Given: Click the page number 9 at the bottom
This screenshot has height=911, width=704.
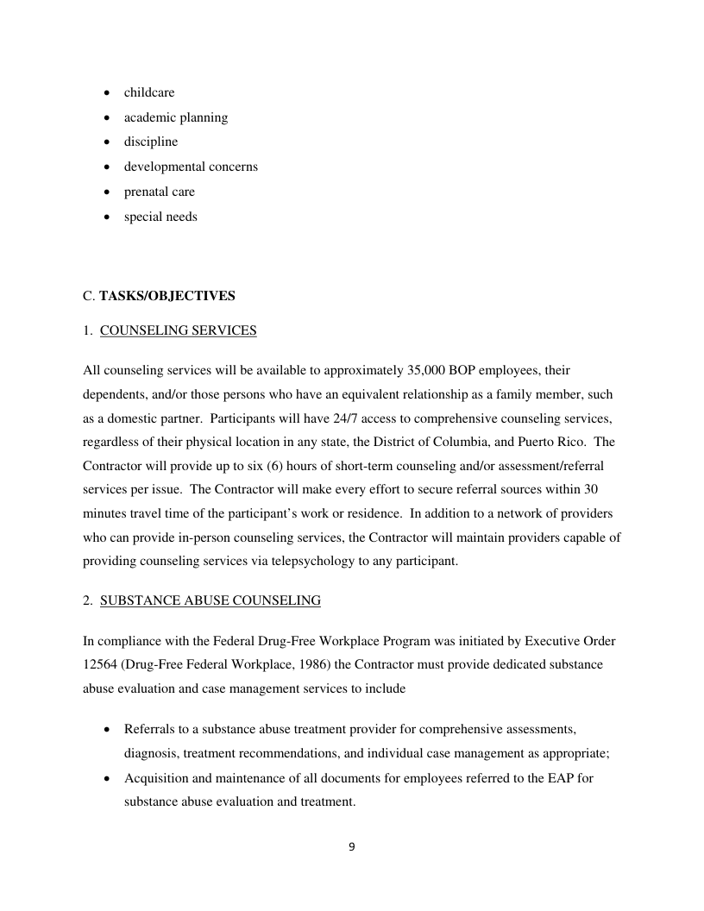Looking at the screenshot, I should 351,846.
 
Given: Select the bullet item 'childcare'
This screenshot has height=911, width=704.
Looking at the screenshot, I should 149,92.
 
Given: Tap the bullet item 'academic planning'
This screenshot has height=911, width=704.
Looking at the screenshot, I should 176,117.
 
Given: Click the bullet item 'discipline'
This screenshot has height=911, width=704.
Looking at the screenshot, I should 151,142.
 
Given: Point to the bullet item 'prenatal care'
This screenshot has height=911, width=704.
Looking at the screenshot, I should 160,192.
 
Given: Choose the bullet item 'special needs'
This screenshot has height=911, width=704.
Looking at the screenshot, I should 160,217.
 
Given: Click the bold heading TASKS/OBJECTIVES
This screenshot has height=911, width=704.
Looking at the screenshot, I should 167,296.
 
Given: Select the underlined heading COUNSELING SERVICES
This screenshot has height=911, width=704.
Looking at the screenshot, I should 178,330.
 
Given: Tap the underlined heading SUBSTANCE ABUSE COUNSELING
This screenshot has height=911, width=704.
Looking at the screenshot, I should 211,600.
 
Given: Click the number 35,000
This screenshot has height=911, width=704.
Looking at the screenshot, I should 424,370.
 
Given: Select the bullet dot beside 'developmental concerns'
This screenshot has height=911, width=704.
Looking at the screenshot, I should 106,167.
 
